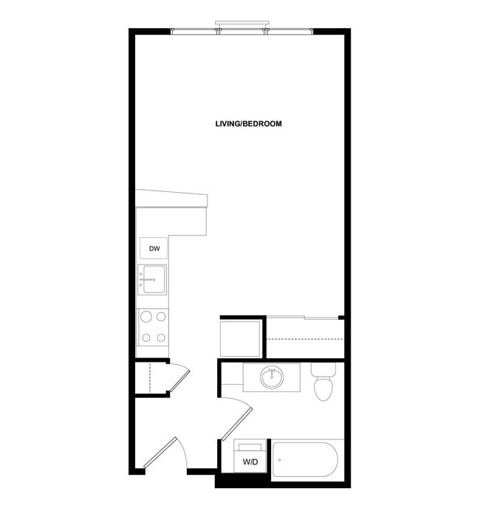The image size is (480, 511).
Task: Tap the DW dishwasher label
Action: pos(154,249)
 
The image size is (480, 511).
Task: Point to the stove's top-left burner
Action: pos(145,317)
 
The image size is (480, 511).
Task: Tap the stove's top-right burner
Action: pos(160,317)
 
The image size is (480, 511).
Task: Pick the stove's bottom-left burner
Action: pos(145,337)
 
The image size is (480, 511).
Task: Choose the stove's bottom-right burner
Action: pos(160,337)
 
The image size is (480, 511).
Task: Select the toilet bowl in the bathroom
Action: pos(323,389)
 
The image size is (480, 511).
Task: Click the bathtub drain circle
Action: pos(280,459)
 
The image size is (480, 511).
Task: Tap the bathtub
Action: pos(306,459)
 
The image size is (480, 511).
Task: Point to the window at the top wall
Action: pos(241,31)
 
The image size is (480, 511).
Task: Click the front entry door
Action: pos(161,452)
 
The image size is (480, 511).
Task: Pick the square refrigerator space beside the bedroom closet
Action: pos(241,338)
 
